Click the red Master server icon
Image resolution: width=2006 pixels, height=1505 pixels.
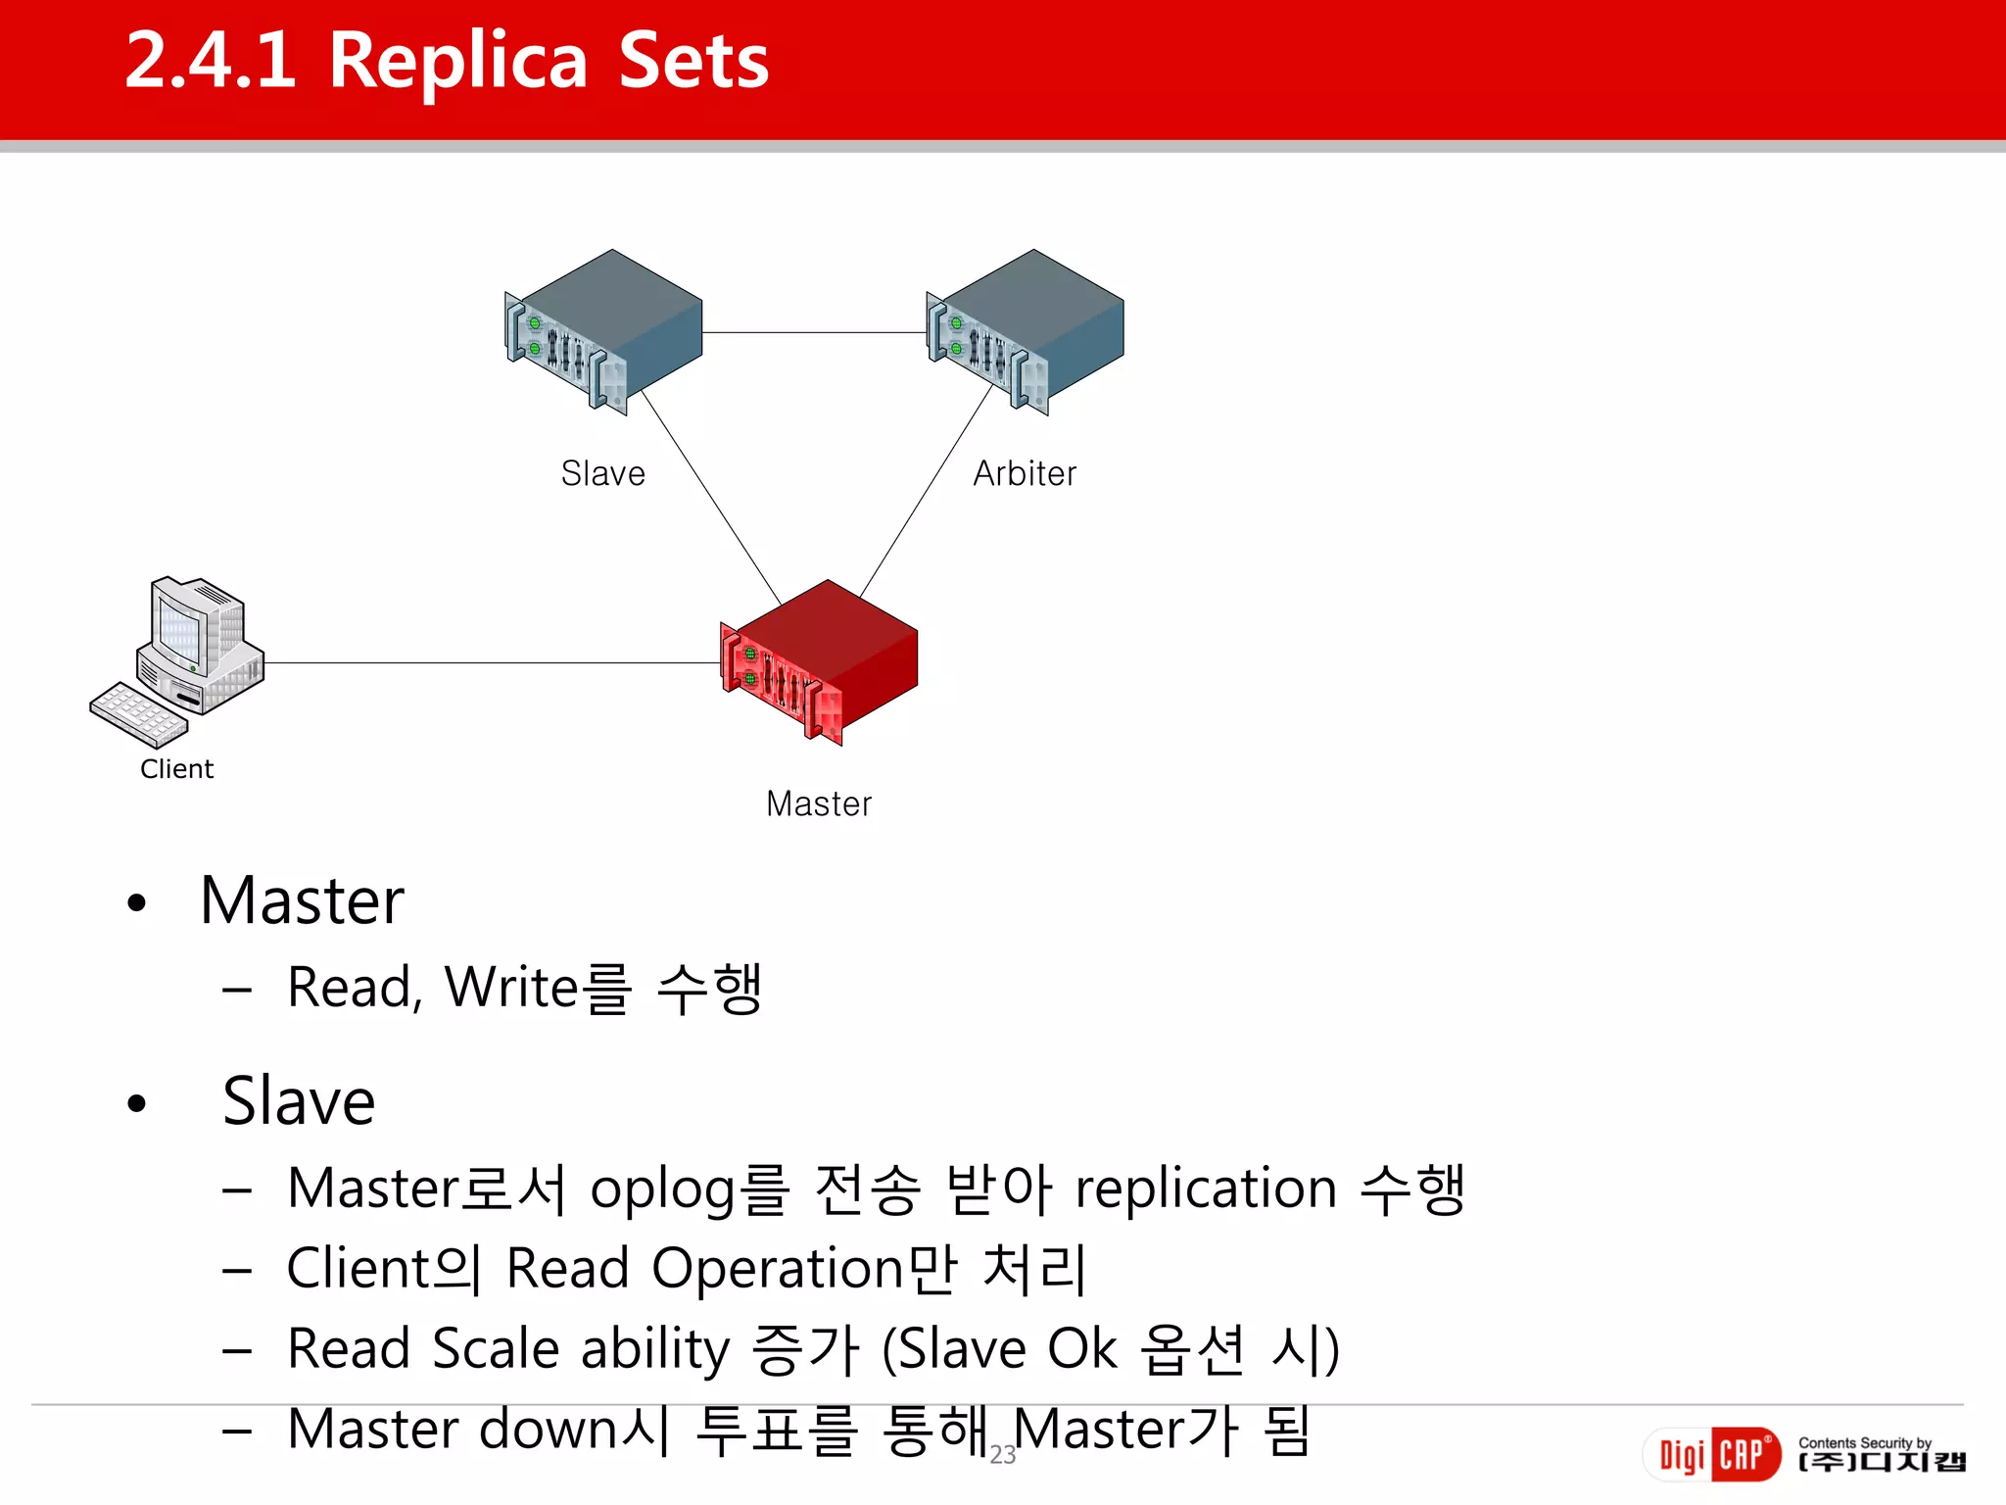click(821, 662)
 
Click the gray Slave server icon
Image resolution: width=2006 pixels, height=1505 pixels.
click(604, 331)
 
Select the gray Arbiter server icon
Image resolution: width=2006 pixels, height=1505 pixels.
click(1026, 331)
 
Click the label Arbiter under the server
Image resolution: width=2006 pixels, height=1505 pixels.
click(1025, 474)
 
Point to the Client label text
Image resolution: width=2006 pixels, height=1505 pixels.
click(176, 769)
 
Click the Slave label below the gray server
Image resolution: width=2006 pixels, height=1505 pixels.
click(602, 474)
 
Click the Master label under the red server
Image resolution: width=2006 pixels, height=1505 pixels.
click(819, 804)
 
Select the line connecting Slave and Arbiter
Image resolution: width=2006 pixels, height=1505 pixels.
click(813, 333)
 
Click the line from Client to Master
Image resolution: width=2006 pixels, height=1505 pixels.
click(490, 663)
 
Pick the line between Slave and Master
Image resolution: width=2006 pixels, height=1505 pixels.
click(710, 495)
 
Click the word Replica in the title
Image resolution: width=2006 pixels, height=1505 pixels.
click(457, 61)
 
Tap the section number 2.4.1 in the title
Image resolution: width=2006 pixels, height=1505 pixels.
click(211, 61)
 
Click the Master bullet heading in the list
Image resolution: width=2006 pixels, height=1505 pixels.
click(302, 900)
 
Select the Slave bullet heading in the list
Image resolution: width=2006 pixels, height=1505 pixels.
click(299, 1101)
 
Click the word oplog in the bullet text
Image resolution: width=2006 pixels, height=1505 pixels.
click(662, 1190)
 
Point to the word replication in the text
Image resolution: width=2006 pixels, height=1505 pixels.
click(1206, 1189)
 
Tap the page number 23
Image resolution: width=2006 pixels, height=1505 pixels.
click(1003, 1455)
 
